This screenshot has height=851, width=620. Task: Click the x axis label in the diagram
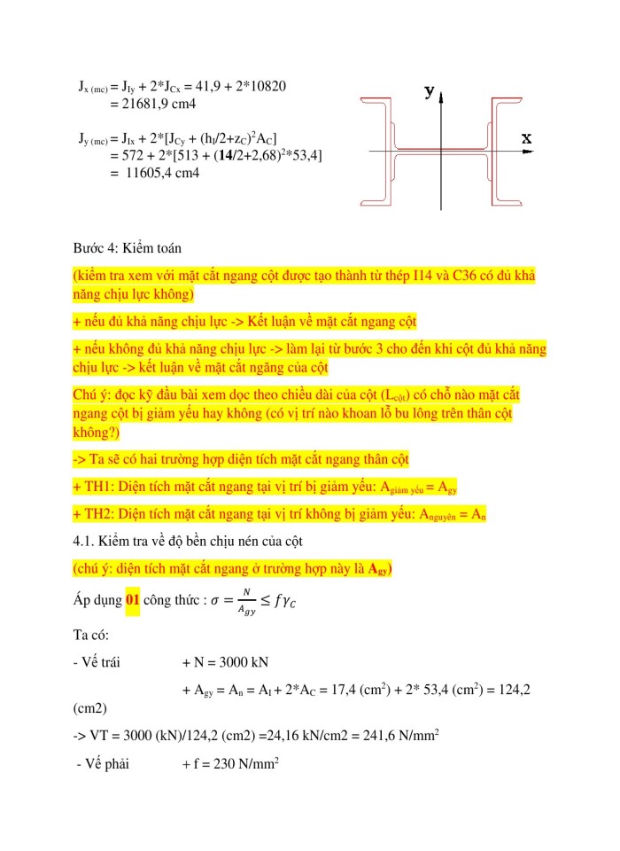tap(526, 139)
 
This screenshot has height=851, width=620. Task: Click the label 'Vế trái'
tap(100, 661)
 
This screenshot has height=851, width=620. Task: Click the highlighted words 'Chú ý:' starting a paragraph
tap(92, 394)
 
